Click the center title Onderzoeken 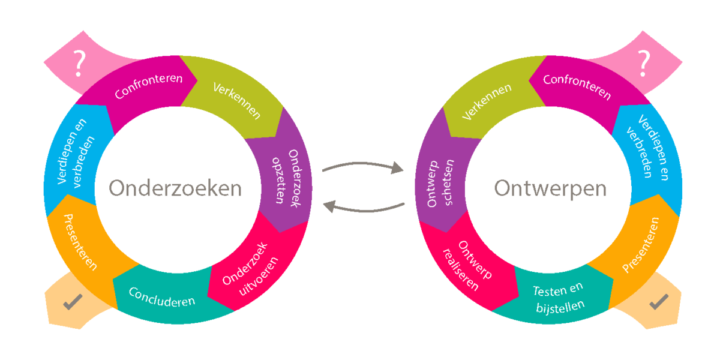(x=175, y=188)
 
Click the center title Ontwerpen (x=550, y=188)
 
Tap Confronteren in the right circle (x=577, y=87)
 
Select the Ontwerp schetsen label (x=441, y=184)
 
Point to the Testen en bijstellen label (x=558, y=299)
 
